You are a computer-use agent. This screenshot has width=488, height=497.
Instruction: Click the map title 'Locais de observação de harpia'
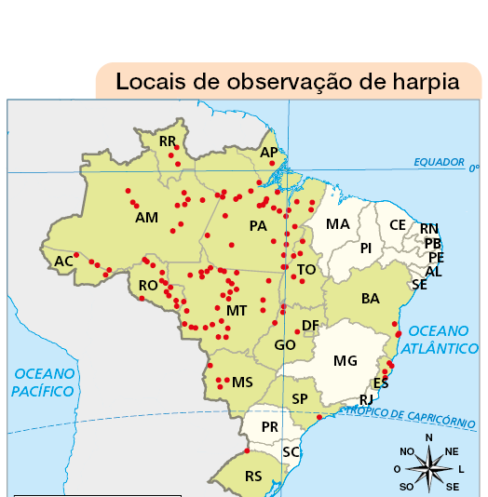pos(288,81)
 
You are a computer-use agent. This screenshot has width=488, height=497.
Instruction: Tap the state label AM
pos(146,218)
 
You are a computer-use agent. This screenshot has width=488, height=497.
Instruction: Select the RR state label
pos(168,141)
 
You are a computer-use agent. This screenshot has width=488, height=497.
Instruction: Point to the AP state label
pos(269,152)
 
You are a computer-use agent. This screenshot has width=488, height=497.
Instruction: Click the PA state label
pos(258,226)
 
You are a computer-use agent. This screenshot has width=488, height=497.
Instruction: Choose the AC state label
pos(63,262)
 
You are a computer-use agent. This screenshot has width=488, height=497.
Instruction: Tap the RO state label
pos(148,286)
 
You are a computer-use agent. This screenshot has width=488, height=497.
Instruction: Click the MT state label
pos(236,310)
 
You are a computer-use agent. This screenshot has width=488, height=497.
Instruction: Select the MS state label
pos(242,383)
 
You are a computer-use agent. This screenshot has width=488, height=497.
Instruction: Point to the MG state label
pos(345,360)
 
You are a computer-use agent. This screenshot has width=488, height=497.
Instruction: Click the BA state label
pos(371,299)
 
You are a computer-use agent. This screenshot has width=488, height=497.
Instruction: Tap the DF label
pos(310,325)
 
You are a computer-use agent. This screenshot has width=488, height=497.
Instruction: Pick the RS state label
pos(252,476)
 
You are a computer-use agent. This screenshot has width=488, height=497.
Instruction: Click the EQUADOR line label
pos(439,162)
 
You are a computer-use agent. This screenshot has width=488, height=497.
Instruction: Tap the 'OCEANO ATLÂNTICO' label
pos(442,340)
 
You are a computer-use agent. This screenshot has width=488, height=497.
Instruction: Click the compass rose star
pos(428,462)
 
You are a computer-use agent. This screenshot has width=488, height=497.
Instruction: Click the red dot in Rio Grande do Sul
pos(247,451)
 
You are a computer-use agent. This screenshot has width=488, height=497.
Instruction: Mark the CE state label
pos(398,225)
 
